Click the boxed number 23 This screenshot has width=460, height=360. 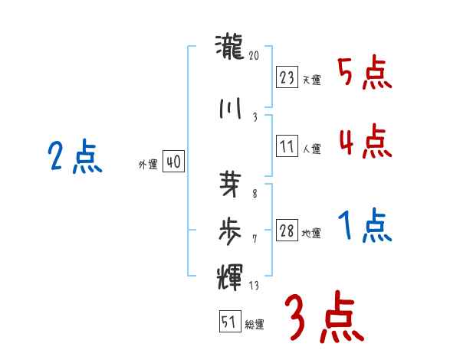287,77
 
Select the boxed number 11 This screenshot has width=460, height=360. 287,146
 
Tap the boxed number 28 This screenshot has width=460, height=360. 287,231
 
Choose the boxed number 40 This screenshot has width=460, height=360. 173,162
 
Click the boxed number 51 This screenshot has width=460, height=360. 228,322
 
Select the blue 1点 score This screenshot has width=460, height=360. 364,227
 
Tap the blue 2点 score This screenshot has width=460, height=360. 75,159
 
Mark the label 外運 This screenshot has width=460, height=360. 148,165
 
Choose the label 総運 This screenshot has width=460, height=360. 254,325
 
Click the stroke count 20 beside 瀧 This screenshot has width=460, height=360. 255,55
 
